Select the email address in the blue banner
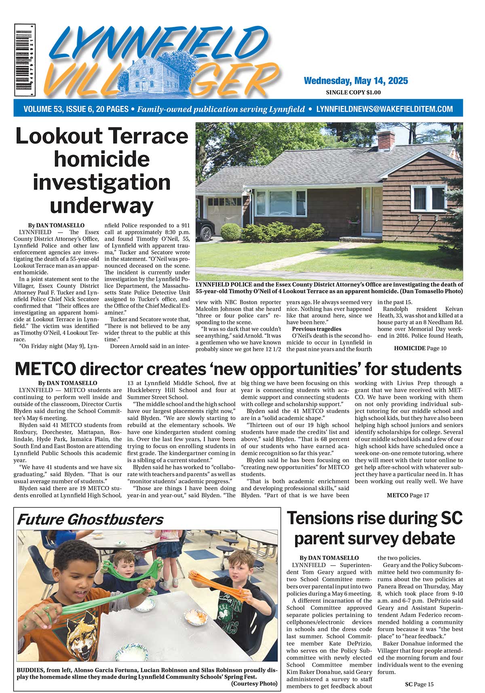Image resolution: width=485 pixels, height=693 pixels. [384, 109]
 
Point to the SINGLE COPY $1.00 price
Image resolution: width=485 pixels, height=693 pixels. [353, 93]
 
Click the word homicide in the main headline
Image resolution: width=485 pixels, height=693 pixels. [101, 159]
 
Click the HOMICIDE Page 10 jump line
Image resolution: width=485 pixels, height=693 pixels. [420, 348]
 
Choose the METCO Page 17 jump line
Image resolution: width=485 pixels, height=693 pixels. [408, 495]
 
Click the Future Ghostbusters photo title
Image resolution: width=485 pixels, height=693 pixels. [90, 519]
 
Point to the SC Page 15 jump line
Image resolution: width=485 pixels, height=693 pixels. [419, 684]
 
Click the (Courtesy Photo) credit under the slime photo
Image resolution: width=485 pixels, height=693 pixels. [254, 683]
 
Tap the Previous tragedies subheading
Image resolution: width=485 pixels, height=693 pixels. [316, 329]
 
